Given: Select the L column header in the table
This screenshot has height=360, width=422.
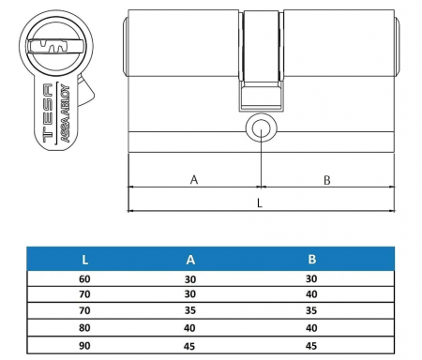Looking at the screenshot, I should pos(85,257).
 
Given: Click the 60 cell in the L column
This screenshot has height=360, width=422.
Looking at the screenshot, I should pos(85,278).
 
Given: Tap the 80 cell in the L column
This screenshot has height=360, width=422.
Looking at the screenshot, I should pos(85,328).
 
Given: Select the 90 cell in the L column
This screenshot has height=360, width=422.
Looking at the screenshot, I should pos(85,344).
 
